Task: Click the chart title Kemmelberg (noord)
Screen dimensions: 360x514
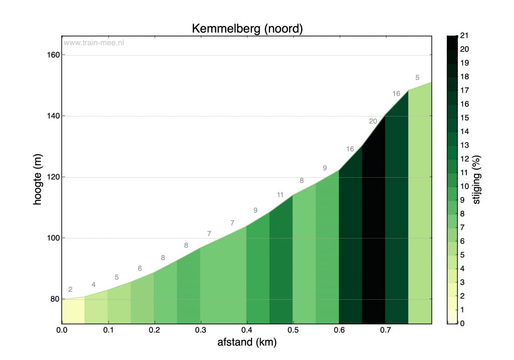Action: (x=247, y=29)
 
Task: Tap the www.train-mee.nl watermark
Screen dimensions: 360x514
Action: (x=94, y=43)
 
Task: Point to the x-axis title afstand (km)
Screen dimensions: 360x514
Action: (x=247, y=342)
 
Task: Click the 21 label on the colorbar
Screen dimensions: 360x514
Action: (x=464, y=36)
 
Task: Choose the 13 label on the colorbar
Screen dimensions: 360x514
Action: (x=464, y=145)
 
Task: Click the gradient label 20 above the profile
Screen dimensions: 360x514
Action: (x=373, y=121)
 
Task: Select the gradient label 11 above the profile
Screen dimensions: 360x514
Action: (x=280, y=195)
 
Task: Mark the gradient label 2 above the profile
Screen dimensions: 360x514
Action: (x=70, y=289)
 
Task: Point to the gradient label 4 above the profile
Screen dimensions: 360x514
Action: (x=93, y=285)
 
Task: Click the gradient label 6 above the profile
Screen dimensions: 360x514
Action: (x=140, y=269)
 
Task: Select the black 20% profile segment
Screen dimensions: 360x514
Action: (x=373, y=226)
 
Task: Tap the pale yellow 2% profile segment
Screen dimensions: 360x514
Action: (x=73, y=311)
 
